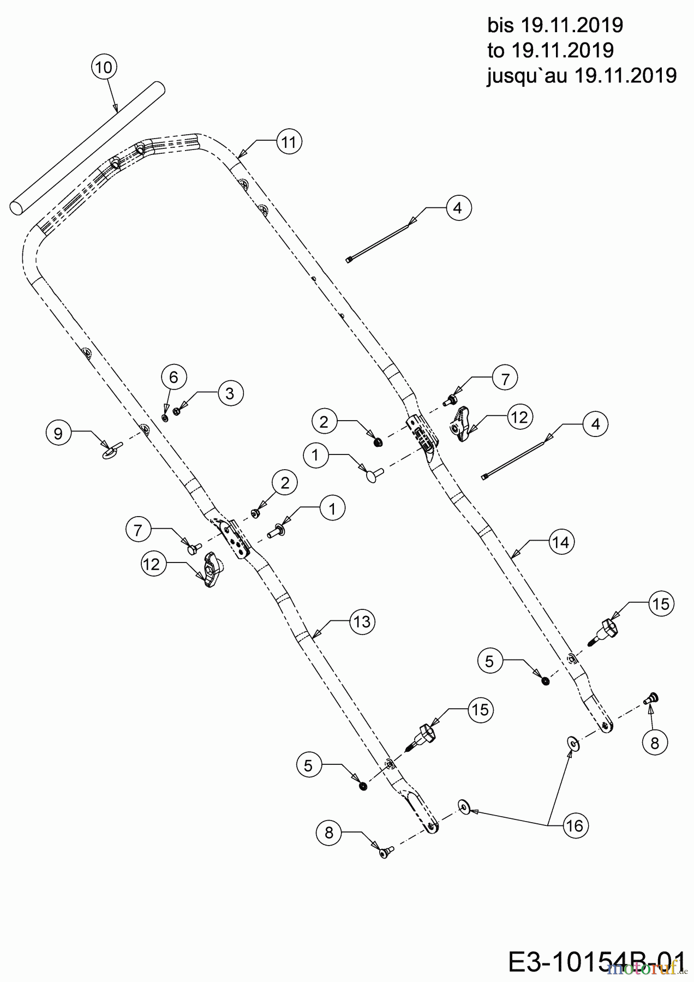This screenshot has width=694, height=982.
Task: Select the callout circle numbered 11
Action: pos(289,142)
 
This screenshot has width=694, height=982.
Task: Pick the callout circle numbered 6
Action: pos(174,377)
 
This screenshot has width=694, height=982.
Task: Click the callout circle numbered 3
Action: pos(230,393)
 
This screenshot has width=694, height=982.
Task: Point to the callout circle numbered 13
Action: pos(362,621)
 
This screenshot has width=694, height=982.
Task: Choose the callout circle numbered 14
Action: pos(561,542)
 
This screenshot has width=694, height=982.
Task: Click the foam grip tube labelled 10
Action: pos(87,148)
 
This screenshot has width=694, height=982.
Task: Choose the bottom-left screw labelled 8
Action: pos(386,851)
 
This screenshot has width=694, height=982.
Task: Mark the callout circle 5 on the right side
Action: pos(489,661)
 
